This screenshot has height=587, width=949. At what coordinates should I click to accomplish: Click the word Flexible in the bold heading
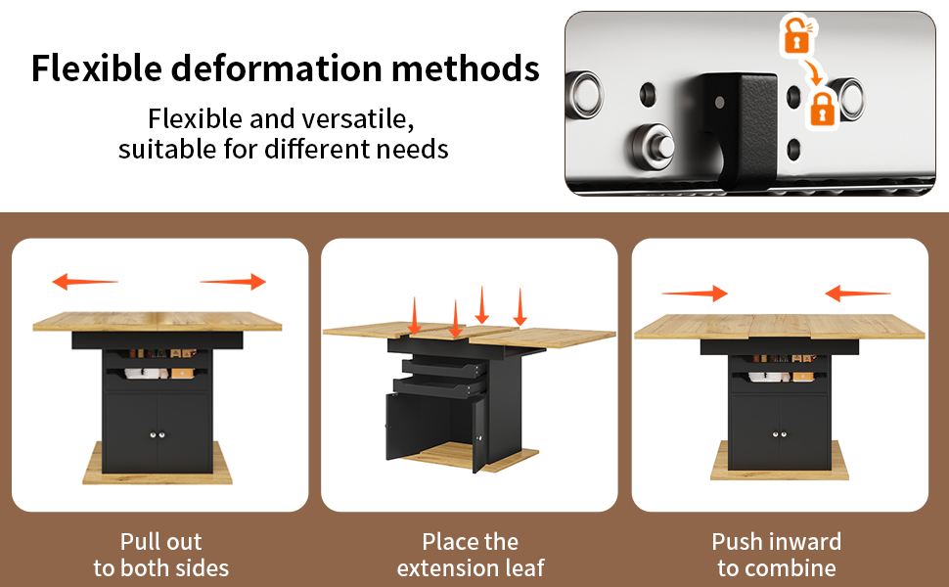pos(97,68)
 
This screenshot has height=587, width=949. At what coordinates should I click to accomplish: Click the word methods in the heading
pos(466,68)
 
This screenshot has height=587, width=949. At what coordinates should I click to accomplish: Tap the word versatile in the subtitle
pos(358,118)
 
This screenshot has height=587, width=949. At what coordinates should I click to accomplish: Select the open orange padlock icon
pos(797,36)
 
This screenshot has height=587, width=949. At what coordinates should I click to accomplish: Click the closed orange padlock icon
pos(822,110)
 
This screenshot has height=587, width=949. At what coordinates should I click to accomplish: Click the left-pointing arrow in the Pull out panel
pos(85,282)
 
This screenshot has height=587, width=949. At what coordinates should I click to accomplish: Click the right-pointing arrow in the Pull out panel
pos(233,282)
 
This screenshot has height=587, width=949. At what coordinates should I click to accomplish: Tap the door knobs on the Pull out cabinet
pos(158,434)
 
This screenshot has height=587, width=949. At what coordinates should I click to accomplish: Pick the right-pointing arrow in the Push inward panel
pos(695,293)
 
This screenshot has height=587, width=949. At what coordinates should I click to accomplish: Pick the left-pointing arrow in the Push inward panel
pos(858,293)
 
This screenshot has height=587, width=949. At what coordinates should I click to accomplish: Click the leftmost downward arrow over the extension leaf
pos(415,316)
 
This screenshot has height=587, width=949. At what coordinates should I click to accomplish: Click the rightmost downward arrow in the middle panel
pos(520,307)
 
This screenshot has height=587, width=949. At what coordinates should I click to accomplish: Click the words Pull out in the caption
pos(161,542)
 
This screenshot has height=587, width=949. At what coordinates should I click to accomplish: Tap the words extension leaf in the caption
pos(471,568)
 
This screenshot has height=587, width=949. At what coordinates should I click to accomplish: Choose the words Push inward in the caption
pos(777,542)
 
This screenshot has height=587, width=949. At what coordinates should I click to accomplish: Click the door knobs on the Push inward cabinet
pos(780,434)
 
